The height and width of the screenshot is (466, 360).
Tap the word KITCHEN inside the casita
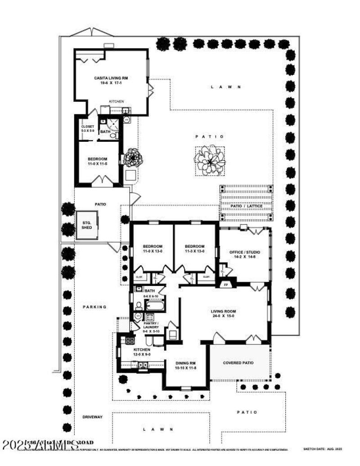117,102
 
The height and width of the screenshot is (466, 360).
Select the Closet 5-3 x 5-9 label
87,129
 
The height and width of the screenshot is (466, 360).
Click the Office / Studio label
244,253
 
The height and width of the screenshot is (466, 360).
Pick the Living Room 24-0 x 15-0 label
223,314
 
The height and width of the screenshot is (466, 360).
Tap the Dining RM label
185,365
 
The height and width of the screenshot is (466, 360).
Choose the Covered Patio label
238,363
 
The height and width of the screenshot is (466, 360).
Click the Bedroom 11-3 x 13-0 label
194,249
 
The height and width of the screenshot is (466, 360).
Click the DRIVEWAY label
92,417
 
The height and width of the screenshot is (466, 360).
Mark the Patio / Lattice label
246,206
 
